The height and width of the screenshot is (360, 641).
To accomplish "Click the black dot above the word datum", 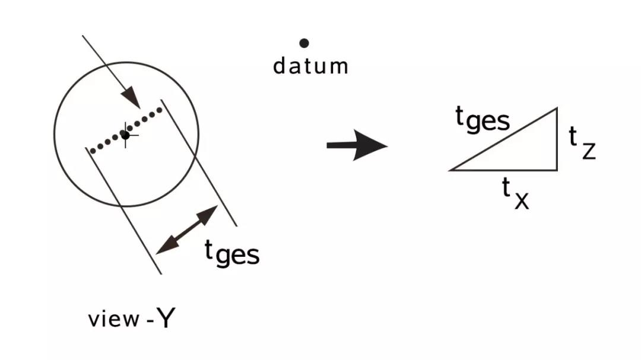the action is tap(304, 43).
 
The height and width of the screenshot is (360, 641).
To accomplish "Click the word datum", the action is tap(310, 66).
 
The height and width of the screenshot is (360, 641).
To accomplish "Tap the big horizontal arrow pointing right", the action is tap(357, 145).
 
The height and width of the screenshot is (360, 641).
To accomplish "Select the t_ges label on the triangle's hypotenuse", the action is tap(483, 119).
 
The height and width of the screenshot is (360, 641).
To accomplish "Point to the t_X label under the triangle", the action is tap(516, 194).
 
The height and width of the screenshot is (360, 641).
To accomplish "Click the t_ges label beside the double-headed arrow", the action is tap(232, 253).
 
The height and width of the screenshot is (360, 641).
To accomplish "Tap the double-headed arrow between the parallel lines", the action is tap(187, 230).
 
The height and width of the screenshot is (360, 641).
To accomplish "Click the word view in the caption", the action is tap(114, 318).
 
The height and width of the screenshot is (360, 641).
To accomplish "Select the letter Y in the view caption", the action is tap(166, 318).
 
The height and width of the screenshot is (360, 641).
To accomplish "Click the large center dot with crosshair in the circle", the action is tap(125, 135).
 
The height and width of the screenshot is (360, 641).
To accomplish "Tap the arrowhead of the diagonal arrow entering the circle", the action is tap(131, 98).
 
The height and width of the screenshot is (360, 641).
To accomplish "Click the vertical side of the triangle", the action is tap(557, 139).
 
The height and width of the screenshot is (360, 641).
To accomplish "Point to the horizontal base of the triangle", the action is tap(503, 170).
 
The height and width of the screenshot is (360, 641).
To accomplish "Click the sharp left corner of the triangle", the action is tap(449, 170).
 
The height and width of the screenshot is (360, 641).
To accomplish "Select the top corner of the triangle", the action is tap(557, 108).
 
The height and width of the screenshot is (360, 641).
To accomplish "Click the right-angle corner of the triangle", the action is tap(557, 170).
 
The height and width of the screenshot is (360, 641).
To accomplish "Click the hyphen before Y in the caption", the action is tap(150, 320).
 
